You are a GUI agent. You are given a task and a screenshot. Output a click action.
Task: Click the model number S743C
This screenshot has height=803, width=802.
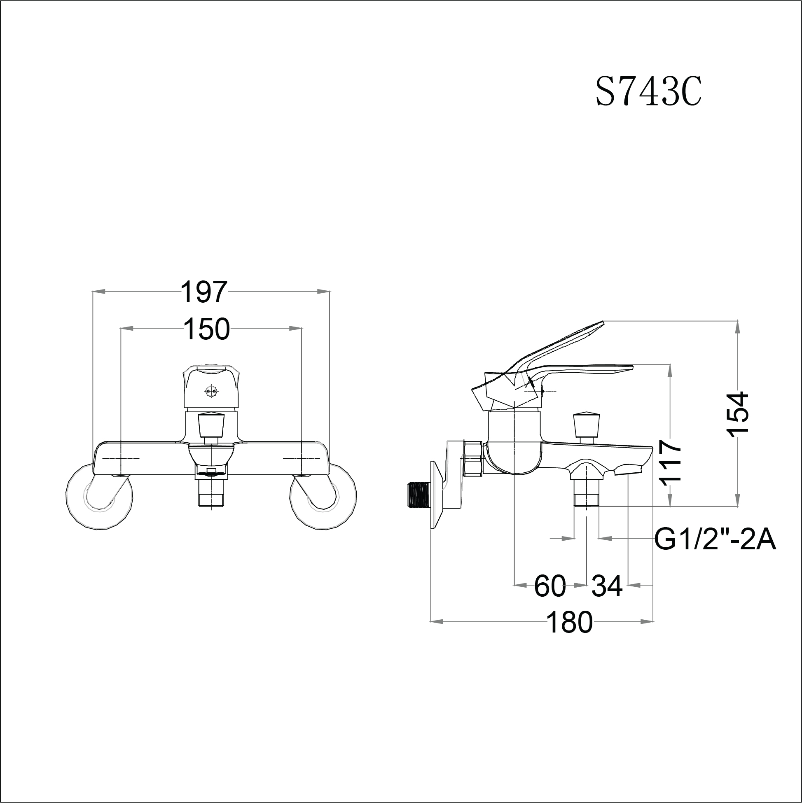pos(649,93)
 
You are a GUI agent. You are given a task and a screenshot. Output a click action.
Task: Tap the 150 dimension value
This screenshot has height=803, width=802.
pos(207,329)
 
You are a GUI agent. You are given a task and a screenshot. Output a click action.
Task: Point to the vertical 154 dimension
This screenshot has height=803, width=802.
pos(739,413)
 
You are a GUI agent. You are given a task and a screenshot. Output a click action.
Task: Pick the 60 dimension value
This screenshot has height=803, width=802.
pos(549,586)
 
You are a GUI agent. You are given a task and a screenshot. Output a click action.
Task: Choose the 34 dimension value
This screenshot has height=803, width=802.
pos(607,586)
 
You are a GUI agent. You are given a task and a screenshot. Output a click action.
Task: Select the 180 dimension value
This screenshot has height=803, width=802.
pos(569,623)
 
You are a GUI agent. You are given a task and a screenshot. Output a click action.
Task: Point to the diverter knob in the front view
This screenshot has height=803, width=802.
pos(212,424)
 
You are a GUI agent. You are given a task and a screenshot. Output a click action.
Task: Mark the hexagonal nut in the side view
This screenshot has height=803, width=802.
pos(473,458)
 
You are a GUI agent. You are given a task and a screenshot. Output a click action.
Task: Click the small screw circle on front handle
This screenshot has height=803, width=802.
pos(212,390)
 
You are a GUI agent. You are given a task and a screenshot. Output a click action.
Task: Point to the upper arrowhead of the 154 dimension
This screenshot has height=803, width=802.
pos(738,326)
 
